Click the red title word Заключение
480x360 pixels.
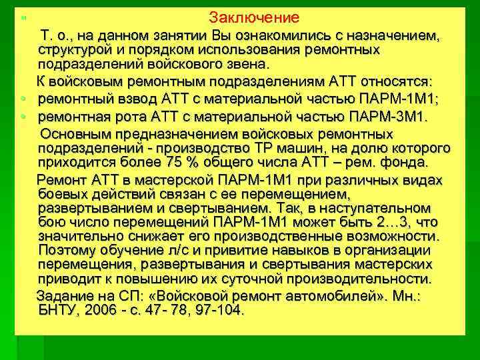click(x=253, y=17)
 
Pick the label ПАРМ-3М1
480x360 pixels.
click(x=390, y=117)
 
